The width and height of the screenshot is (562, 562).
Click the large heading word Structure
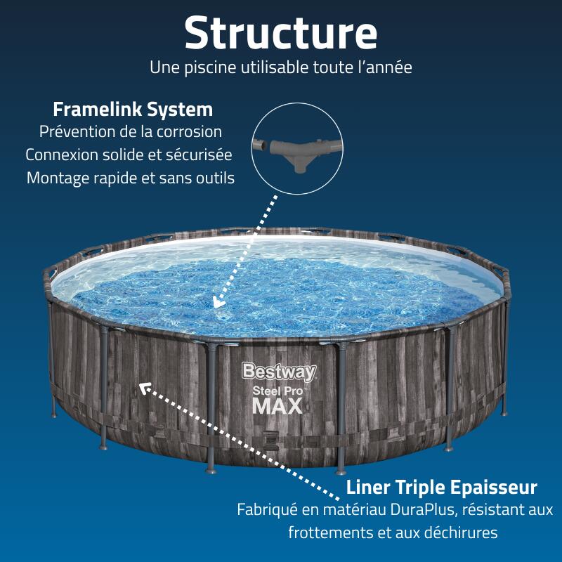(x=280, y=33)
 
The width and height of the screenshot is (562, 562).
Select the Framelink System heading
(x=133, y=110)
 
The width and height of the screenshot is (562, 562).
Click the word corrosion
(x=189, y=131)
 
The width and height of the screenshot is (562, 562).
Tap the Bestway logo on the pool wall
(x=279, y=372)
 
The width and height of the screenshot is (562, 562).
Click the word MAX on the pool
(x=277, y=407)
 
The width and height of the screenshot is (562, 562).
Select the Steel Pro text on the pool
(x=277, y=391)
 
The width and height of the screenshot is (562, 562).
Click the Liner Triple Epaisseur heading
(x=442, y=488)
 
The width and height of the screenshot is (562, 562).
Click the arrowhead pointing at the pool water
(x=218, y=302)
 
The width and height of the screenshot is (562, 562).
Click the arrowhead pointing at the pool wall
(x=145, y=388)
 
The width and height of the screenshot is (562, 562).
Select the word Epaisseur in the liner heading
(x=494, y=488)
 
